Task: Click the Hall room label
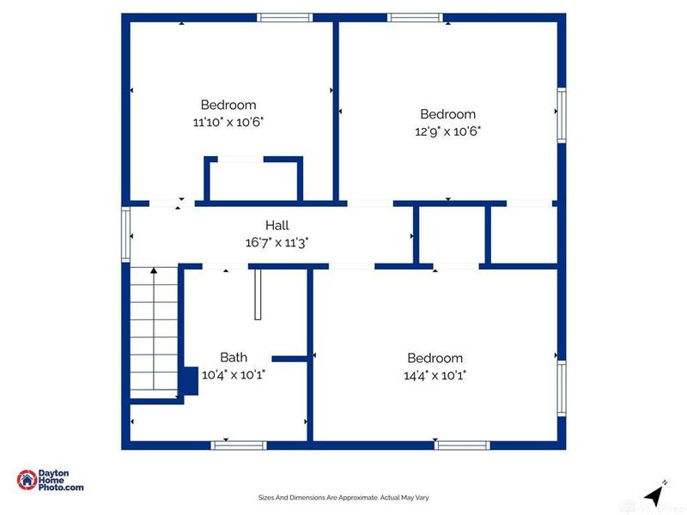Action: [x=277, y=225]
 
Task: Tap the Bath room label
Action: [x=234, y=357]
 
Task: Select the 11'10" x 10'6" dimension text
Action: [x=228, y=122]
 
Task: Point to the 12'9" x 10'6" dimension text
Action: [x=447, y=131]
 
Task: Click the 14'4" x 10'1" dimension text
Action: [x=435, y=375]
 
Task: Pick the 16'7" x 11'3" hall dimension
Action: [x=277, y=242]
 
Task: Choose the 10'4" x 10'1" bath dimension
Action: [x=234, y=374]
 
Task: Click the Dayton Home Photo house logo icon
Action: [x=27, y=480]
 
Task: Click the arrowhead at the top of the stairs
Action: [x=154, y=270]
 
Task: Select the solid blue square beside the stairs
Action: [x=190, y=381]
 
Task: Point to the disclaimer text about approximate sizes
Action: [x=343, y=498]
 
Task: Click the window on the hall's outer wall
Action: [x=125, y=235]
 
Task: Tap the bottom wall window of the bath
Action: [x=239, y=445]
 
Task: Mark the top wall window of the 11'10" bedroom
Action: [x=285, y=17]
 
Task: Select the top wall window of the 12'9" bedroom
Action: [x=415, y=17]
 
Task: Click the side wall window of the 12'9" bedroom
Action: [x=562, y=115]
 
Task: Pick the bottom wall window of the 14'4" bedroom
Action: [x=462, y=445]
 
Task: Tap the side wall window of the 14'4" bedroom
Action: [x=562, y=389]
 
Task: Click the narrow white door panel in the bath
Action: [x=258, y=294]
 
